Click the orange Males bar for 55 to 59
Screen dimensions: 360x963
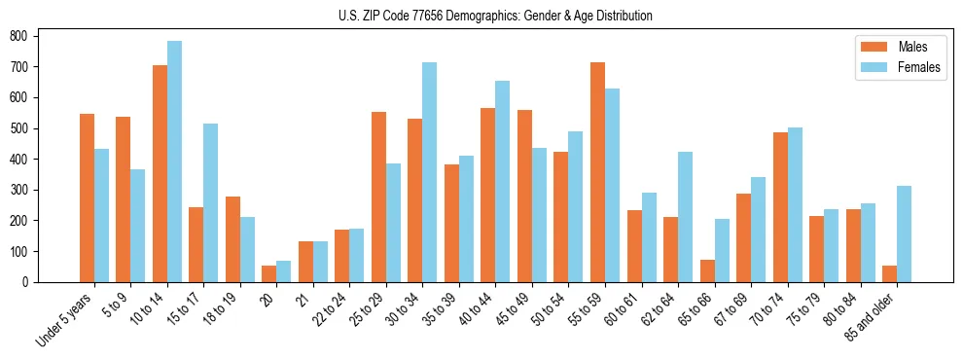tap(597, 172)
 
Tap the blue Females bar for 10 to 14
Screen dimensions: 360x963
tap(174, 162)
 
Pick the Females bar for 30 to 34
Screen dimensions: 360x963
tap(430, 172)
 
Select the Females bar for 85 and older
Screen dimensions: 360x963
tap(904, 234)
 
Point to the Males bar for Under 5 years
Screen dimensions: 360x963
tap(87, 198)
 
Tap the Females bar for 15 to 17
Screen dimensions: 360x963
tap(211, 202)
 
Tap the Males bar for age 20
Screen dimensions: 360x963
tap(269, 273)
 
